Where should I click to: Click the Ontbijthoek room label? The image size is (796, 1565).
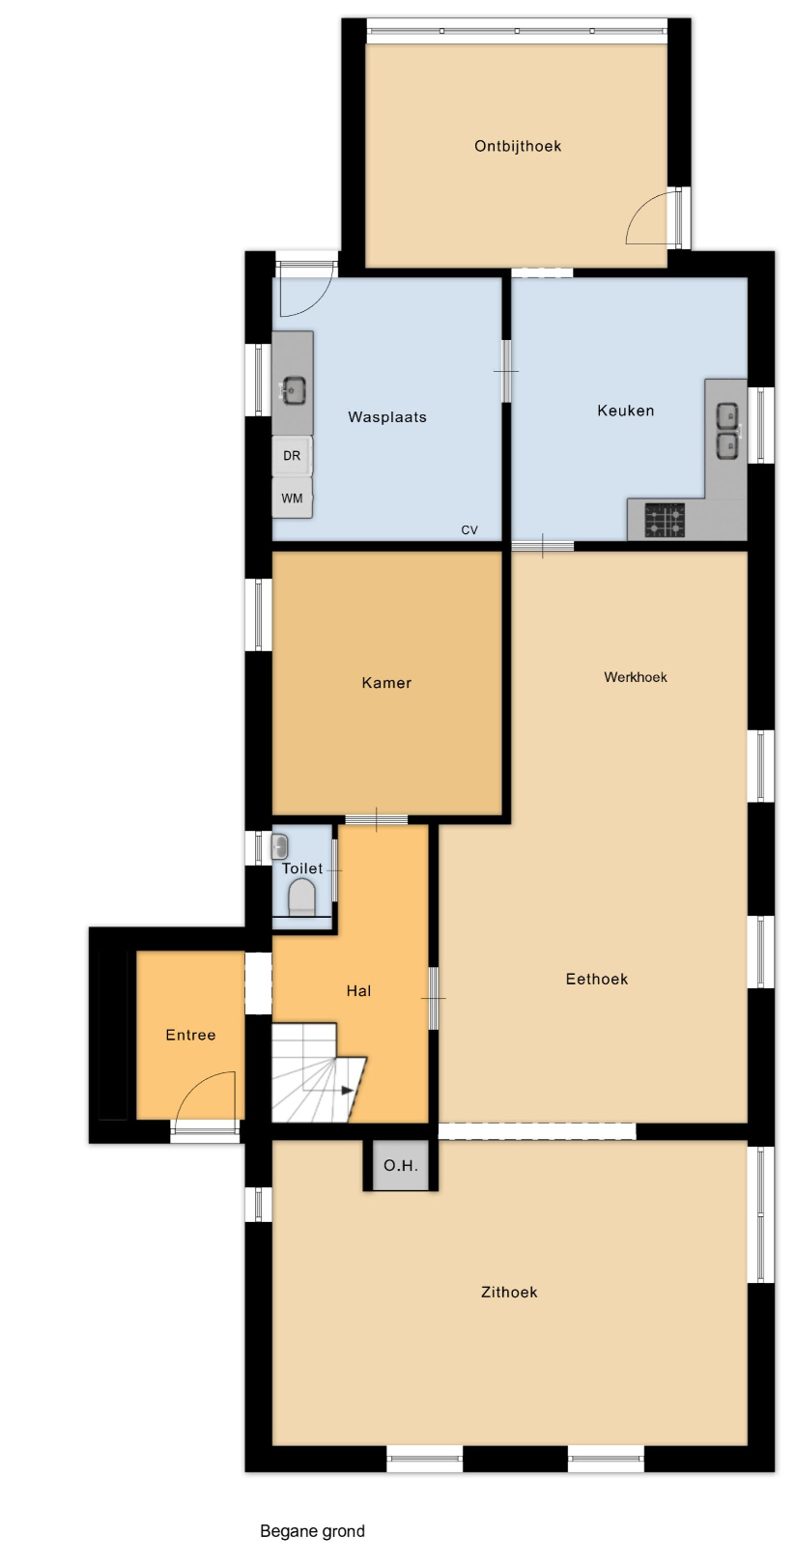pyautogui.click(x=517, y=146)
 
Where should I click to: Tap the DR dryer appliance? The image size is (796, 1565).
pyautogui.click(x=292, y=456)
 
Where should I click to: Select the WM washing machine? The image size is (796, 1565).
pyautogui.click(x=292, y=498)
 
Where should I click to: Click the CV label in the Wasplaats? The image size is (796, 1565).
pyautogui.click(x=469, y=530)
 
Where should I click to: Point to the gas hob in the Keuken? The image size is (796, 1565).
pyautogui.click(x=664, y=521)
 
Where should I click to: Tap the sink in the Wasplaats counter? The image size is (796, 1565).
pyautogui.click(x=293, y=390)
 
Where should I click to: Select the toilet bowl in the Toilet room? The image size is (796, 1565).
pyautogui.click(x=302, y=897)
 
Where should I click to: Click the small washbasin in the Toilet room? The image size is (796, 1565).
pyautogui.click(x=279, y=847)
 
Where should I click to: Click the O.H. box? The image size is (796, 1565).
pyautogui.click(x=401, y=1165)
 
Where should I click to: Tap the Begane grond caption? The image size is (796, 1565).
pyautogui.click(x=312, y=1531)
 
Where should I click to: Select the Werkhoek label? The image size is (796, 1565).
pyautogui.click(x=636, y=677)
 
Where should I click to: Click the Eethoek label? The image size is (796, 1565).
pyautogui.click(x=597, y=979)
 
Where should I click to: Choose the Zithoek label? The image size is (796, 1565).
pyautogui.click(x=509, y=1293)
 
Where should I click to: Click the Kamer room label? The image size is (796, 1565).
pyautogui.click(x=386, y=683)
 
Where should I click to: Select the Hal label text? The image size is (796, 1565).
pyautogui.click(x=358, y=991)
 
